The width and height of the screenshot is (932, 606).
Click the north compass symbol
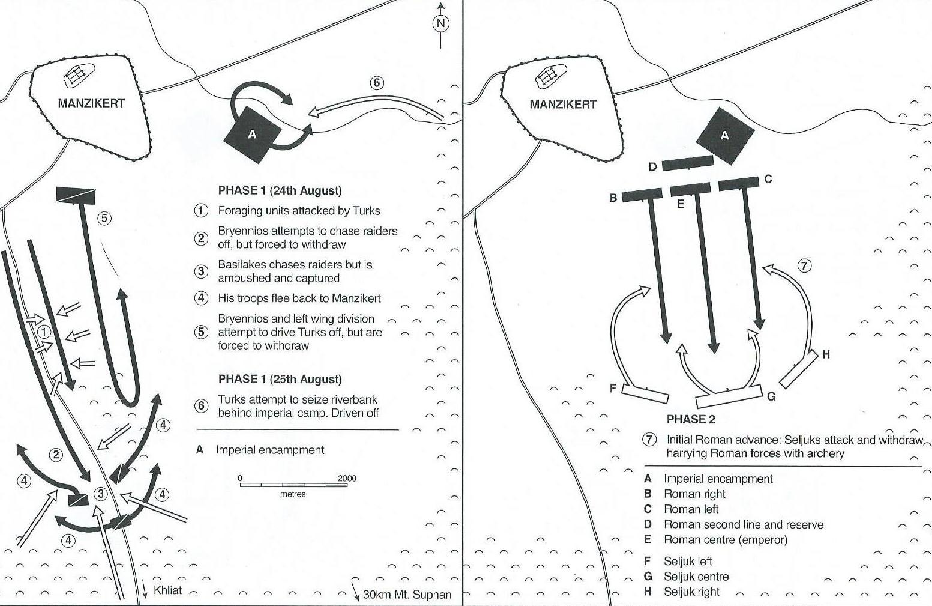[x=441, y=23]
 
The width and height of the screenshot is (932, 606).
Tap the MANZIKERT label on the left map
[x=91, y=103]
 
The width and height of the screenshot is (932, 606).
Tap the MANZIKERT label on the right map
[x=563, y=105]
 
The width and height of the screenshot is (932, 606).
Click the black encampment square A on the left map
[x=252, y=135]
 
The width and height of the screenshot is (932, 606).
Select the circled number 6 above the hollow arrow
[x=377, y=83]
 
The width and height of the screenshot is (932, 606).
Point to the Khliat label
[x=167, y=590]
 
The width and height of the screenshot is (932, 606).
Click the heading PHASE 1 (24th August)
[x=280, y=191]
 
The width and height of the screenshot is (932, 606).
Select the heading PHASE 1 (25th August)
[x=280, y=380]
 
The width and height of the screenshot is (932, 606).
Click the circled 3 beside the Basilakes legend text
[x=202, y=271]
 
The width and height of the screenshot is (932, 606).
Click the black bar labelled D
[x=687, y=163]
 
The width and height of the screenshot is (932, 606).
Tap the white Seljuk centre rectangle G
[x=729, y=397]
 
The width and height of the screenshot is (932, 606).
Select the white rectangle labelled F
[x=645, y=393]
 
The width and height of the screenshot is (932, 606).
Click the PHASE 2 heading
[x=691, y=419]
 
